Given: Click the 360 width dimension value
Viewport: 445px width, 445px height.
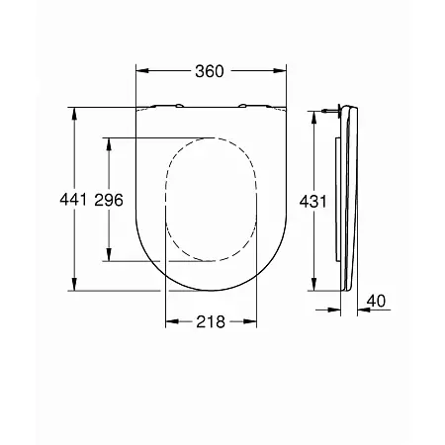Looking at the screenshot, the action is (210, 71).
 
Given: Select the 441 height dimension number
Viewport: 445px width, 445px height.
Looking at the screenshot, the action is (73, 200).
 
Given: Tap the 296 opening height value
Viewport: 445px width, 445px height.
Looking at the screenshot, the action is (109, 200).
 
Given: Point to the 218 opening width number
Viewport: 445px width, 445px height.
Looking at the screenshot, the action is (211, 321).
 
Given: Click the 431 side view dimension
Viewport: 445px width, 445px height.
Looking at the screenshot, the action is (312, 202).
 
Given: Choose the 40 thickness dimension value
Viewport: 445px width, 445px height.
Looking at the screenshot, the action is (376, 301).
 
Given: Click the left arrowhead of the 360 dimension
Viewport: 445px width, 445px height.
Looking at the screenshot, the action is (142, 70).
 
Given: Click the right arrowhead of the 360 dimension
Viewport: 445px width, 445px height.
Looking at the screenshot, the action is (280, 70).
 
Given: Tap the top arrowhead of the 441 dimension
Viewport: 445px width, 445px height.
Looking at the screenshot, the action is (74, 114).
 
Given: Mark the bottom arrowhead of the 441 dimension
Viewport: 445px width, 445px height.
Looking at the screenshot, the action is (74, 284).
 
